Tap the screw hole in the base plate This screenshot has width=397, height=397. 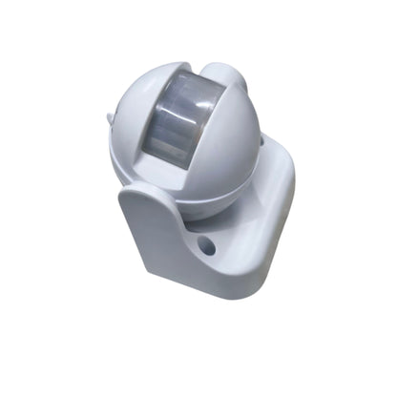(206, 247)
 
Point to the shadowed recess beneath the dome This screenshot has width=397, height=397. (205, 218)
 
